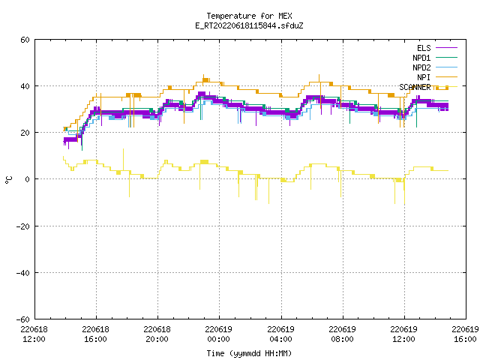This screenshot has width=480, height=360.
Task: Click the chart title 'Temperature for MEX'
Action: (x=249, y=16)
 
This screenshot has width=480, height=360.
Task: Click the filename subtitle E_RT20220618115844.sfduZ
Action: (x=249, y=25)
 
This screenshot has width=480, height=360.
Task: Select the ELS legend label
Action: (x=424, y=48)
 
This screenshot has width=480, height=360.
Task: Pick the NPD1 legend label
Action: (x=421, y=58)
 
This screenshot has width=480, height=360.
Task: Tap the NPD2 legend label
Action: (x=421, y=67)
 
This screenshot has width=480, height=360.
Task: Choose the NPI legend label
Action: (x=424, y=77)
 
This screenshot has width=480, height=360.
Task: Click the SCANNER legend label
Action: (x=415, y=87)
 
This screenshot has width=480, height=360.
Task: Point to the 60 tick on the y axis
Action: (x=25, y=40)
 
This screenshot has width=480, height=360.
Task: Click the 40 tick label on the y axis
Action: (x=25, y=86)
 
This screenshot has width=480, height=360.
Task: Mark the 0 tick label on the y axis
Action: (x=28, y=179)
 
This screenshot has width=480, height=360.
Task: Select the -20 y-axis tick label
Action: (x=23, y=226)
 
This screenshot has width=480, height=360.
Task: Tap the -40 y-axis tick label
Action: (x=23, y=273)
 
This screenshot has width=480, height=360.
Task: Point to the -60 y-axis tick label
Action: (x=23, y=319)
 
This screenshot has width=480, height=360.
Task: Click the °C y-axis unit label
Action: (x=9, y=180)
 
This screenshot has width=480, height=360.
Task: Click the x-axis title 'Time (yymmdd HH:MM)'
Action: (x=249, y=353)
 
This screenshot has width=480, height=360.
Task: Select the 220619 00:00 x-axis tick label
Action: (x=219, y=334)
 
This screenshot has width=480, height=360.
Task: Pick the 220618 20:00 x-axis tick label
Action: (x=157, y=334)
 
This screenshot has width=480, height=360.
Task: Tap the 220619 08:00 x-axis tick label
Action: (x=342, y=334)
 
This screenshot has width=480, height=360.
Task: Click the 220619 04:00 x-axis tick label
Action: (x=280, y=334)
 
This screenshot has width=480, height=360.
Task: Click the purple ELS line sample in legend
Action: (x=446, y=48)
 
